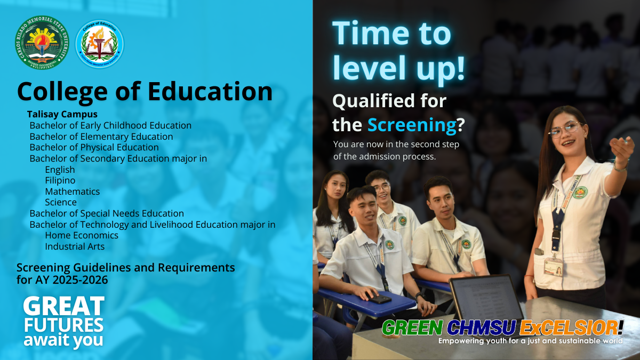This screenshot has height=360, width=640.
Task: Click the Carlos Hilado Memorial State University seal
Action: pos(42,42)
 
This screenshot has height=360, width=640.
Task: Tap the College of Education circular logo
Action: pos(99,44)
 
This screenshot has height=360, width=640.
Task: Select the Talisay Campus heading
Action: pos(62,114)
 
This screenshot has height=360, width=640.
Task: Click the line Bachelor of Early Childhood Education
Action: pos(110,125)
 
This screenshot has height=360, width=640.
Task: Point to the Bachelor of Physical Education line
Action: pos(94,147)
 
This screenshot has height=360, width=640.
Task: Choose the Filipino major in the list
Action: pos(60,180)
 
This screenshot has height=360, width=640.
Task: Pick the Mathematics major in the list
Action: pos(73,191)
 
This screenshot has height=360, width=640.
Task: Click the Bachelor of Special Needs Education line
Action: pos(107,213)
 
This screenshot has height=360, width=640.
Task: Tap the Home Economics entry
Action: pos(82,235)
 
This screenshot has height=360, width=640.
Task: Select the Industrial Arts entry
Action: pos(75,246)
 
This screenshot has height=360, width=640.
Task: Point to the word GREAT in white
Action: pos(64,306)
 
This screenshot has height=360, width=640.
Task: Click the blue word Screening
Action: pos(412,125)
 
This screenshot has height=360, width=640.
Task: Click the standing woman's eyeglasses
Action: pos(564,130)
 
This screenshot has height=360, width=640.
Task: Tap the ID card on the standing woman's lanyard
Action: pos(554,267)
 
